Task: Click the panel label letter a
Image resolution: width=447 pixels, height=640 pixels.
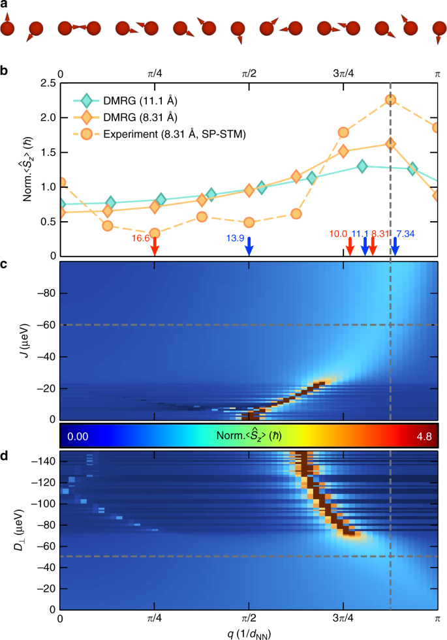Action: pos(4,5)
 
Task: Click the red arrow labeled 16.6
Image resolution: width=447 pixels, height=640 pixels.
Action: pos(155,247)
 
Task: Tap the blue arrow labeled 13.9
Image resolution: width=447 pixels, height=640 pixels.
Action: pos(249,247)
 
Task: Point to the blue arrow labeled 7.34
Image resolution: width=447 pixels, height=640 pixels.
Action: pos(394,247)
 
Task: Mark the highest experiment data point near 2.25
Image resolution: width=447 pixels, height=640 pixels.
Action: pos(391,100)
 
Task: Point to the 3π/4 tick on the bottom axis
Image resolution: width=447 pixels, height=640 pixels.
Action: pos(343,617)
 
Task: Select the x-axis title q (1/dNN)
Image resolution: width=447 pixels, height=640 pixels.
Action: pos(249,632)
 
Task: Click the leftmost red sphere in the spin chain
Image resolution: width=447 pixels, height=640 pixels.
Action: pos(7,29)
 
